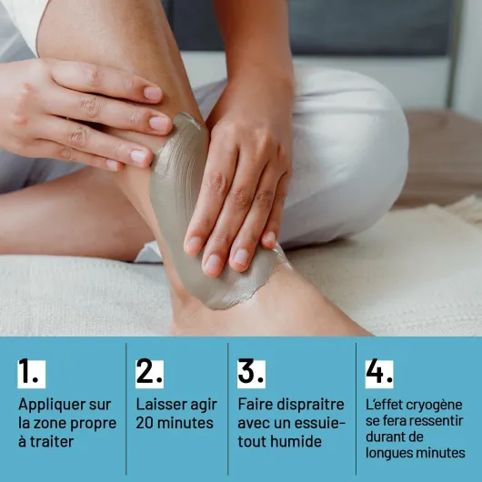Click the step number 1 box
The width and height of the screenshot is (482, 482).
31,374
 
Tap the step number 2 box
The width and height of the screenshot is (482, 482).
149,374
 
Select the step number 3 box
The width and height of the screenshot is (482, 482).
251,374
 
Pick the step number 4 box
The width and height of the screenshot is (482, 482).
379,374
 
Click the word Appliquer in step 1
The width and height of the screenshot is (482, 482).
52,406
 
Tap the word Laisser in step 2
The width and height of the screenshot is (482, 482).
161,405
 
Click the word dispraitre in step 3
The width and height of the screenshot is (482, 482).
311,406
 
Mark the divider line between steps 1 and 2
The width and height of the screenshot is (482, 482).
126,409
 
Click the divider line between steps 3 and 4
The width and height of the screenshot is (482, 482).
356,409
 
